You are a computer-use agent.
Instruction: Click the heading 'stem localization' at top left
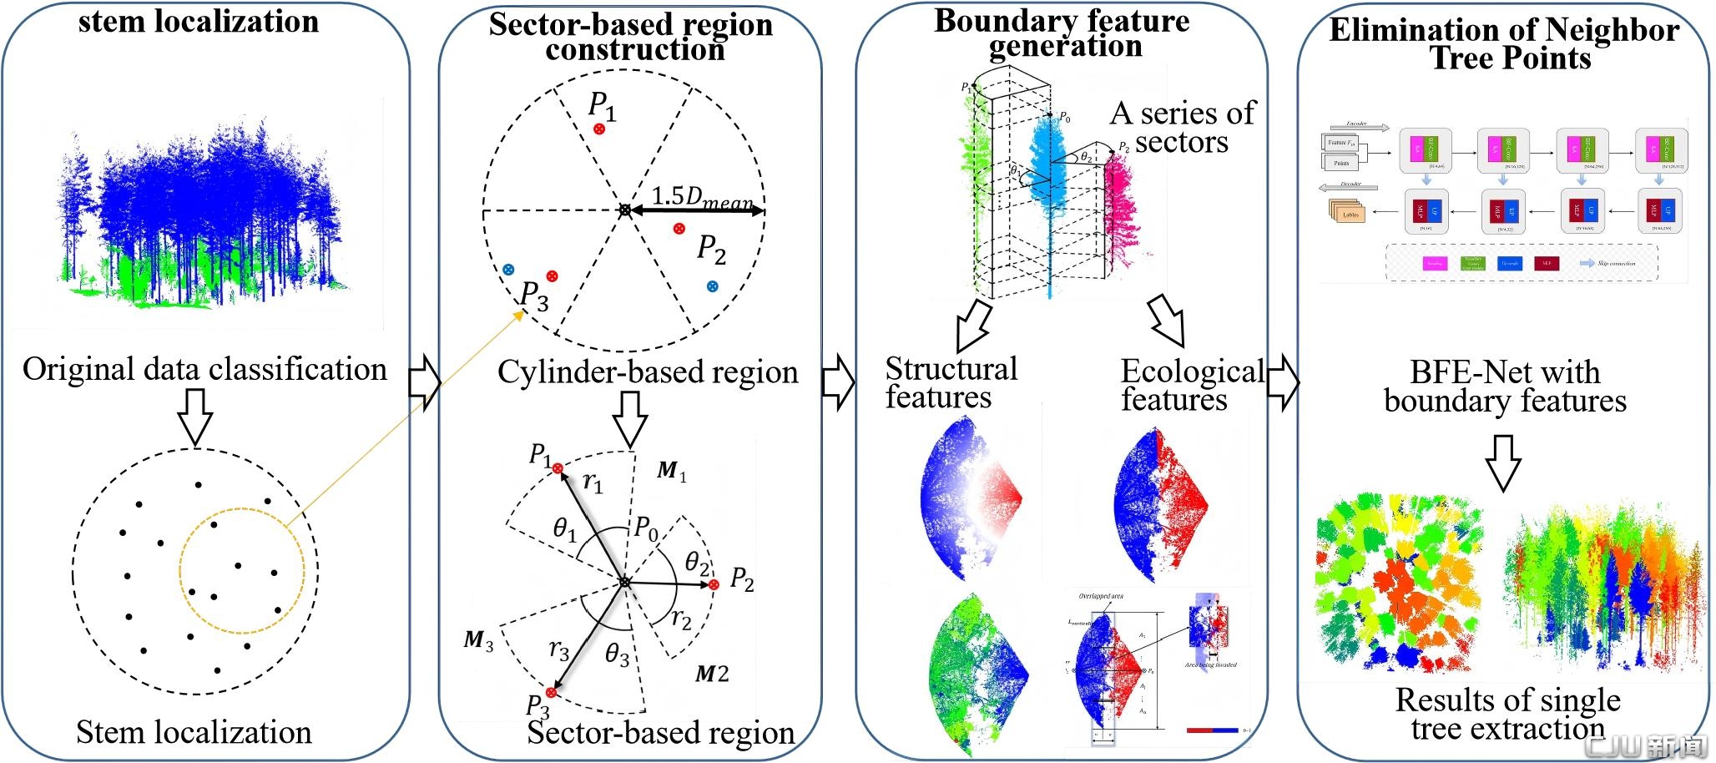[199, 21]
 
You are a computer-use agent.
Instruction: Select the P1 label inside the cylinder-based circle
[602, 105]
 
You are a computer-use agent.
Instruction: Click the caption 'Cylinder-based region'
[648, 372]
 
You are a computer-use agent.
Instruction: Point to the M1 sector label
[671, 471]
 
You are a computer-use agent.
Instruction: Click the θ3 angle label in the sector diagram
[617, 654]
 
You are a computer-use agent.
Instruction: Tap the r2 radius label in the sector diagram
[681, 619]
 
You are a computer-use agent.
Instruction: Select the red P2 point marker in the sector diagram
[714, 585]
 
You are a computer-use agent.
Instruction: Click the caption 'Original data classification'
[204, 369]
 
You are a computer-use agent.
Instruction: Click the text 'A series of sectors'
[1182, 127]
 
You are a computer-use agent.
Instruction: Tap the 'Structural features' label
[951, 382]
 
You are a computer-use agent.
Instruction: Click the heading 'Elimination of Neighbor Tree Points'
[1504, 43]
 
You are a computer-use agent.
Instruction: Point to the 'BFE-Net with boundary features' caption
[1505, 386]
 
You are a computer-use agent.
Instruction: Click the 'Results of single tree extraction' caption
[1507, 714]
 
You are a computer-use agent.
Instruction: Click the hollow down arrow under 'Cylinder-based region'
[630, 417]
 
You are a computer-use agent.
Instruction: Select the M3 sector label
[478, 641]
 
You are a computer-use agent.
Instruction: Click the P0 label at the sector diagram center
[646, 528]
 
